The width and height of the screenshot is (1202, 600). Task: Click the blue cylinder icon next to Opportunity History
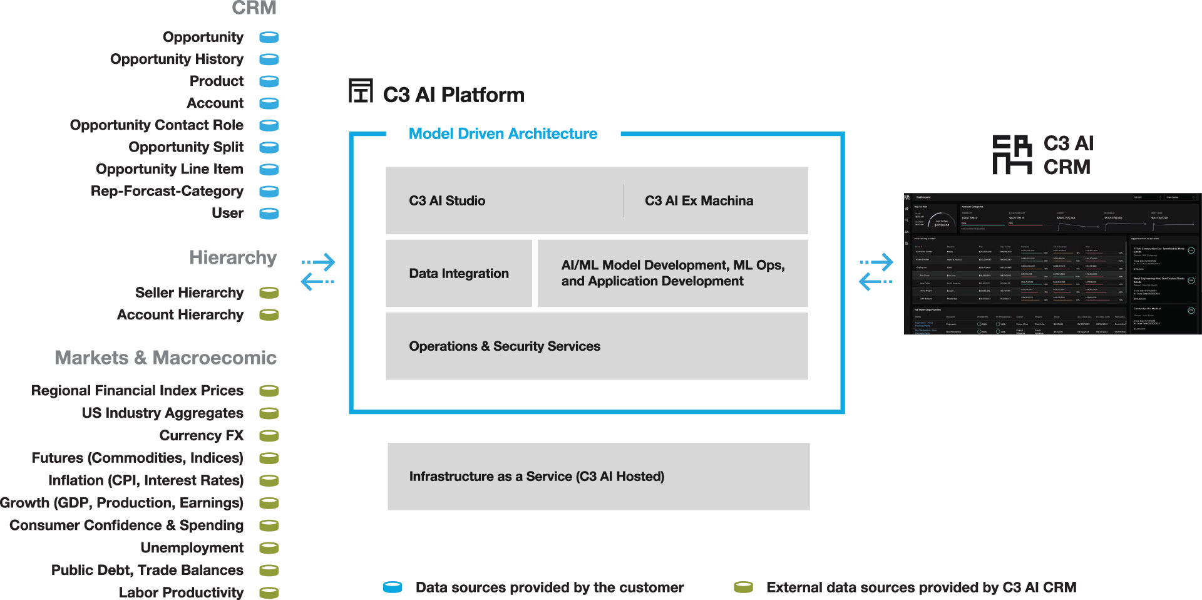(x=269, y=59)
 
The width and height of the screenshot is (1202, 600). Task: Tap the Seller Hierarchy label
(x=189, y=292)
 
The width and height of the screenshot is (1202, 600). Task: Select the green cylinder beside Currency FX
(x=269, y=435)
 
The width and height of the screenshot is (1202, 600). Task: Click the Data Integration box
(x=458, y=274)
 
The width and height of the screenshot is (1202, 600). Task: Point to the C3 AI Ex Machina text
(x=699, y=200)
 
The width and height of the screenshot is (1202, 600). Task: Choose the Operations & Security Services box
(x=596, y=346)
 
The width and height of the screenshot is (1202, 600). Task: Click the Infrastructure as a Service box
(x=598, y=477)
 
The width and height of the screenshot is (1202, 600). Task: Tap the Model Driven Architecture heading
(x=503, y=133)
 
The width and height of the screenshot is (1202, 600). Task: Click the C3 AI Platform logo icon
(x=361, y=91)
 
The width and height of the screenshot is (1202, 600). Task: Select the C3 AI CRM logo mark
(x=1012, y=155)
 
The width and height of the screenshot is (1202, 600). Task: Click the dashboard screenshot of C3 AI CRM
(x=1052, y=264)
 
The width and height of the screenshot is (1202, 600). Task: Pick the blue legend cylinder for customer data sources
(x=393, y=587)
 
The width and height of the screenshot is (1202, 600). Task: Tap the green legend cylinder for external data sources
(x=743, y=587)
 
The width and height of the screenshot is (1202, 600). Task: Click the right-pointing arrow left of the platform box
(x=319, y=262)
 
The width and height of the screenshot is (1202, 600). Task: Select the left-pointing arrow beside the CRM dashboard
(x=875, y=282)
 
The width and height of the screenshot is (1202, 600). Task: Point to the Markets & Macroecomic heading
(x=165, y=358)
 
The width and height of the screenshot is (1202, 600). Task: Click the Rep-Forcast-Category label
(x=167, y=191)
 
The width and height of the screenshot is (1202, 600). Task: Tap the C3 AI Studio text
(x=447, y=200)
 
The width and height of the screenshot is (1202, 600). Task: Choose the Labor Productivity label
(x=181, y=592)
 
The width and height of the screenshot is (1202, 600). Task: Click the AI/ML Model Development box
(x=672, y=274)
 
